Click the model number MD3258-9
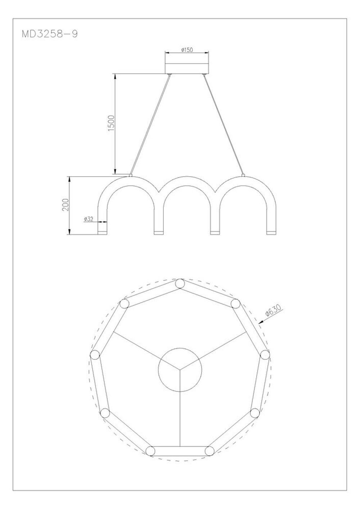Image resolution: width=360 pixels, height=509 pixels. click(x=50, y=34)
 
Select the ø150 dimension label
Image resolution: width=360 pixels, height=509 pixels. click(x=187, y=50)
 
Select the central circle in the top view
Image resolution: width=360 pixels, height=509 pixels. click(x=180, y=369)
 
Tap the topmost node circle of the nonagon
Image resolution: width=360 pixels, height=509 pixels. click(x=180, y=284)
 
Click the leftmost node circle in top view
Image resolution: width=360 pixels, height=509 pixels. click(x=95, y=355)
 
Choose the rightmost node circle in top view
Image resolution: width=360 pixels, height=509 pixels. click(x=265, y=355)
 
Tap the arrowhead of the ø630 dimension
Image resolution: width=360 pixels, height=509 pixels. click(x=260, y=323)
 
